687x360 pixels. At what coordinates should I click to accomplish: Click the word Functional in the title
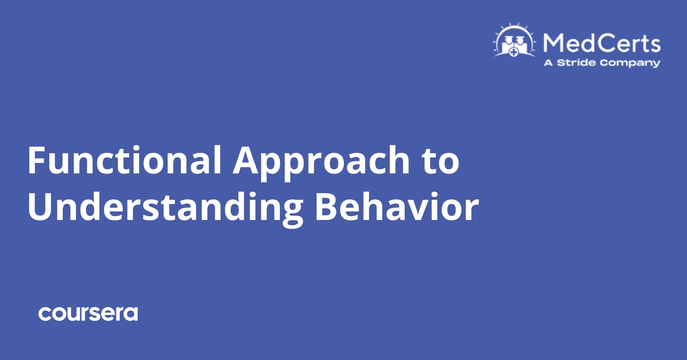point(124,160)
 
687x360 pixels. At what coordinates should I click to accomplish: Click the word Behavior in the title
point(396,207)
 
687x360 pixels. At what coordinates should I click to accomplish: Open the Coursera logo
point(88,314)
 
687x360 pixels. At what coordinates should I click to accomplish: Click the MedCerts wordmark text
point(602,43)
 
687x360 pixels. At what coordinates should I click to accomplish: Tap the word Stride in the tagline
point(576,63)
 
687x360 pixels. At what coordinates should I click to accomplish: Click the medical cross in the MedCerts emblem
point(514,52)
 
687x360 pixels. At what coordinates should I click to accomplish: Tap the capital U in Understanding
point(39,207)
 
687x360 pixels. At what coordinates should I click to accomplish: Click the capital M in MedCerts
point(552,43)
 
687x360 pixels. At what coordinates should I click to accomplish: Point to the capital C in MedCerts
point(601,43)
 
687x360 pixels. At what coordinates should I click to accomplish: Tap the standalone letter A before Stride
point(548,63)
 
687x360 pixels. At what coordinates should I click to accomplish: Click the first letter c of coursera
point(45,314)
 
